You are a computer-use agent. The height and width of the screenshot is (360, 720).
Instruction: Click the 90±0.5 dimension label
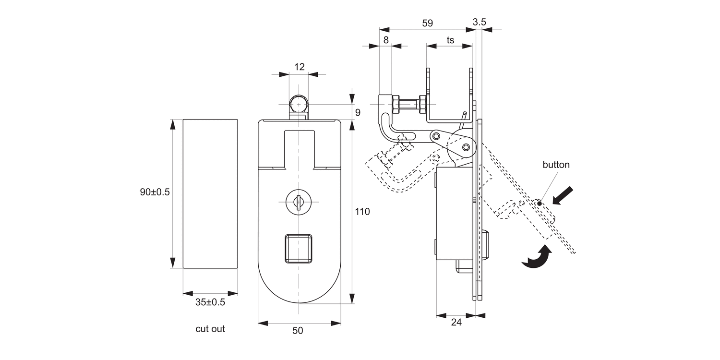point(155,192)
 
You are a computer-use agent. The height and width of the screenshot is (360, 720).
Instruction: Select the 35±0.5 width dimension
point(210,302)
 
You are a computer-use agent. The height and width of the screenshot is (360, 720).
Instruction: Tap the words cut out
point(210,329)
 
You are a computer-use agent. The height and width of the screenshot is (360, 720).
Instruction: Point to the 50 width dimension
point(298,331)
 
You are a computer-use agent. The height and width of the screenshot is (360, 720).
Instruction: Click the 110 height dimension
point(362,211)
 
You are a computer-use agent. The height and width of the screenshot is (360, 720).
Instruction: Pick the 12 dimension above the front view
point(299,67)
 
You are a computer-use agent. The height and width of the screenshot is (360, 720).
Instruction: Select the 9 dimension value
point(358,112)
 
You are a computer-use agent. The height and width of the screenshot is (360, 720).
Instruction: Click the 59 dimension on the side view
point(427,23)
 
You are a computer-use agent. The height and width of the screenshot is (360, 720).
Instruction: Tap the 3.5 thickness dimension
point(479,22)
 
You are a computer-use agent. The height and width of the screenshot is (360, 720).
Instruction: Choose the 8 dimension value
point(385,40)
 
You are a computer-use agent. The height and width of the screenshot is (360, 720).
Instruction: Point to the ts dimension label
point(450,40)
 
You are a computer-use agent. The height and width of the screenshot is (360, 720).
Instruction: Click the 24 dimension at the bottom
point(456,323)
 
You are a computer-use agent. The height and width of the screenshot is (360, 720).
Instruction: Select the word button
point(556,165)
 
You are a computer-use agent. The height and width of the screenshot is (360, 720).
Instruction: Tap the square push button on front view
point(299,248)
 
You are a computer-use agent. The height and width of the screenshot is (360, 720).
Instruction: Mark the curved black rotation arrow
point(539,258)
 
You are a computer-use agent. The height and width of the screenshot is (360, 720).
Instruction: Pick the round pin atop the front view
point(299,104)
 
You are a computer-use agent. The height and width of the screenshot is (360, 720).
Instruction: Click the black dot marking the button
point(540,204)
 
